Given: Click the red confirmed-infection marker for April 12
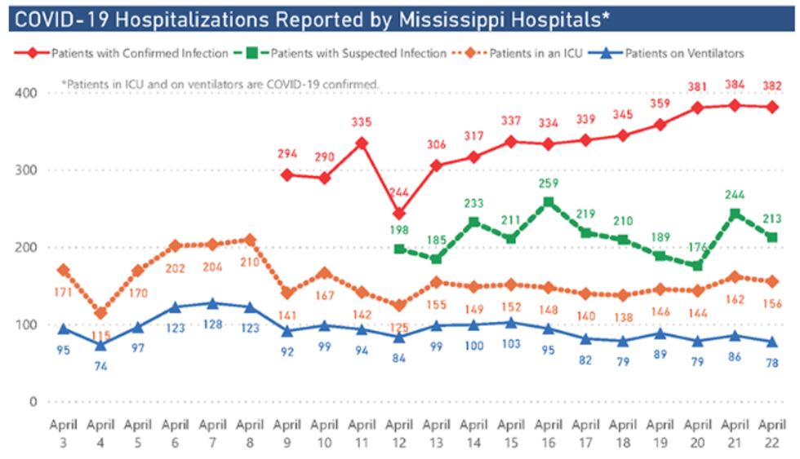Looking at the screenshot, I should (x=398, y=214).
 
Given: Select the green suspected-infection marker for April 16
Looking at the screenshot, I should (x=548, y=201).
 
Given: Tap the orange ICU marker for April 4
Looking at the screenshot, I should (x=100, y=313).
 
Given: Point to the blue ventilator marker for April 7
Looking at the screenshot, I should (x=212, y=303).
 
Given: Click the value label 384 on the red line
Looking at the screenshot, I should (x=734, y=86).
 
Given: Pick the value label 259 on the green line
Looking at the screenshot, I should (x=548, y=183).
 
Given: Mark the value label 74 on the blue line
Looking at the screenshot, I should (x=100, y=364).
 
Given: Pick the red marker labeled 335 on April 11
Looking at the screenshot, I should (x=362, y=143).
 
